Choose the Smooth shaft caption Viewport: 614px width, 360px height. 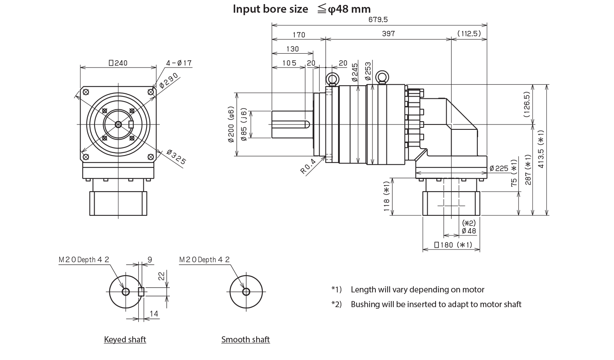[246, 340]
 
